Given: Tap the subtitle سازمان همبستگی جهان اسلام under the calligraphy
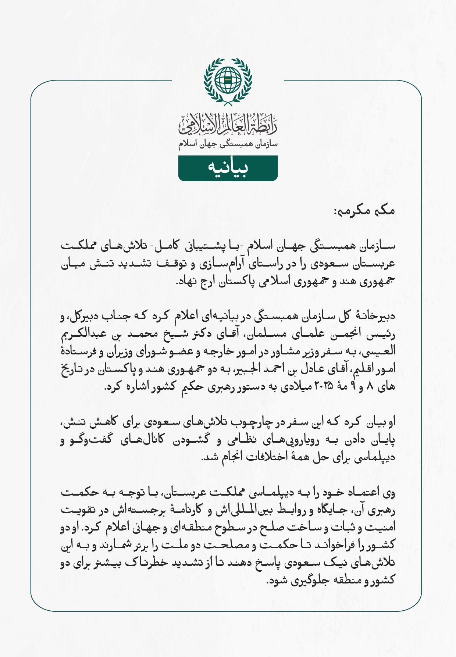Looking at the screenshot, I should click(228, 144).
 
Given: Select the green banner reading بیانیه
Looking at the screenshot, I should click(228, 168).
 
